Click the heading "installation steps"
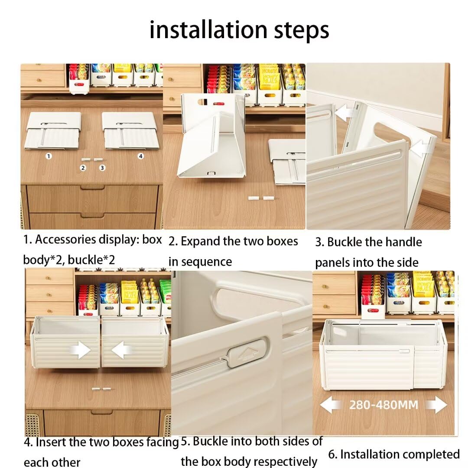(239, 30)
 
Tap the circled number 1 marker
(49, 156)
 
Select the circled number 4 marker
(140, 156)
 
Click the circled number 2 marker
(84, 167)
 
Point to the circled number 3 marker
(102, 167)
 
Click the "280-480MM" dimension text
(383, 405)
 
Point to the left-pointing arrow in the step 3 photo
(344, 114)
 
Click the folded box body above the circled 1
(53, 130)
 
